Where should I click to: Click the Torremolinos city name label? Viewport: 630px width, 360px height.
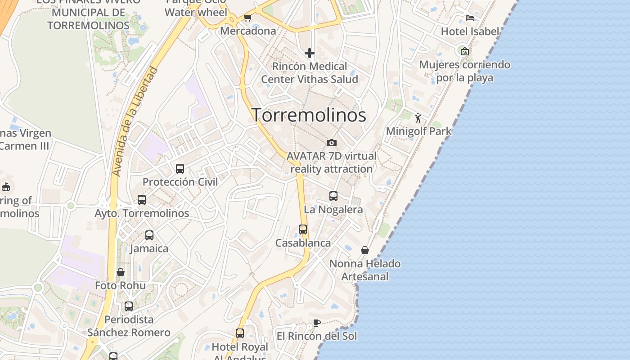click(309, 115)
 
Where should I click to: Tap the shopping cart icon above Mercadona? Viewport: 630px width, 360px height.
click(247, 18)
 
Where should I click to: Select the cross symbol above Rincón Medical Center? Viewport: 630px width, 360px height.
click(310, 53)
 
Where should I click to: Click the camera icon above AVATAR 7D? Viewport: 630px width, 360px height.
click(332, 143)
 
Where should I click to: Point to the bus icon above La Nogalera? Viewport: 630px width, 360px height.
click(333, 196)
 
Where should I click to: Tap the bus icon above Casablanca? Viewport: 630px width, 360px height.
click(303, 229)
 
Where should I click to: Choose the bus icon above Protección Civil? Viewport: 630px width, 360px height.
click(180, 169)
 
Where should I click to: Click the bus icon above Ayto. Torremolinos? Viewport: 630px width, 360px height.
click(142, 200)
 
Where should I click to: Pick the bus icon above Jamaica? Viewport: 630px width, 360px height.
click(149, 235)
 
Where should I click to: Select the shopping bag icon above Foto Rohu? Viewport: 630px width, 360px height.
click(120, 272)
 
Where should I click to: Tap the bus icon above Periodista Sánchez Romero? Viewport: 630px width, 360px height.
click(129, 306)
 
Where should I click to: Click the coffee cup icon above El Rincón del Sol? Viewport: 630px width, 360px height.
click(316, 323)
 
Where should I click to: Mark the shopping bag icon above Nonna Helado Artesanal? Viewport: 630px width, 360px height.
click(365, 250)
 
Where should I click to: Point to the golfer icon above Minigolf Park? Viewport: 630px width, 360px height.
click(418, 118)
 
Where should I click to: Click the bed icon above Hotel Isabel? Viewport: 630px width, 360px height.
click(470, 18)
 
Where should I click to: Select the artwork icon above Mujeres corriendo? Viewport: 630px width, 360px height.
click(465, 51)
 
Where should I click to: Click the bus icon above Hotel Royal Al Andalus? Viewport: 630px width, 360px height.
click(240, 333)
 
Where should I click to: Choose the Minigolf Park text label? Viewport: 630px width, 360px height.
click(419, 131)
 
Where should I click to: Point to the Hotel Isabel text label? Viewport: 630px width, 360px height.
click(470, 31)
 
